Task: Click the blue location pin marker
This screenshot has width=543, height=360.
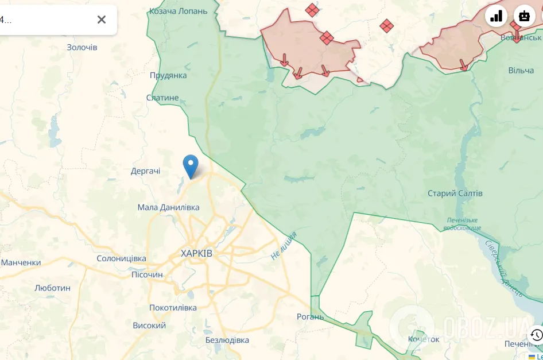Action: click(190, 165)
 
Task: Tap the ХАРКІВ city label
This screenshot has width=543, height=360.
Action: click(196, 253)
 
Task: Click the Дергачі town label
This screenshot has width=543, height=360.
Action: click(146, 171)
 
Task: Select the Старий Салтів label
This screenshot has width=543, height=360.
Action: click(455, 193)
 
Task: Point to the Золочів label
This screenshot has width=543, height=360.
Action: click(82, 47)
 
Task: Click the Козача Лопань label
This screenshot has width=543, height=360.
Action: click(178, 11)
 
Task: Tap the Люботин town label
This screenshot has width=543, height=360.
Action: click(52, 288)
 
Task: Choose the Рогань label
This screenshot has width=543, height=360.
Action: click(310, 316)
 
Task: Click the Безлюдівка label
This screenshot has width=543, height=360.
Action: click(227, 340)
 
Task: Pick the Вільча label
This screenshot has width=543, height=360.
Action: click(521, 71)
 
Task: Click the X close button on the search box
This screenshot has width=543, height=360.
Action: click(102, 20)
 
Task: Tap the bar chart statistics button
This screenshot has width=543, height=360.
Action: click(496, 16)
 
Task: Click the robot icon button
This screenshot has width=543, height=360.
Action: click(524, 16)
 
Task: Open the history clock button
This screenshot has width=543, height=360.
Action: click(536, 334)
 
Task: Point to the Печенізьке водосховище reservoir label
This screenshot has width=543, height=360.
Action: click(462, 224)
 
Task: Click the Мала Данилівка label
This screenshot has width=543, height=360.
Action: click(169, 207)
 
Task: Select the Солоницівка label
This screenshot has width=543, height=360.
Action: click(122, 259)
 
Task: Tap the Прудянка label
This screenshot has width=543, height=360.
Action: click(168, 75)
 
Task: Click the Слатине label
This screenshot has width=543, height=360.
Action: click(162, 98)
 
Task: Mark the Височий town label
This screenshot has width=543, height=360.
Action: click(149, 326)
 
